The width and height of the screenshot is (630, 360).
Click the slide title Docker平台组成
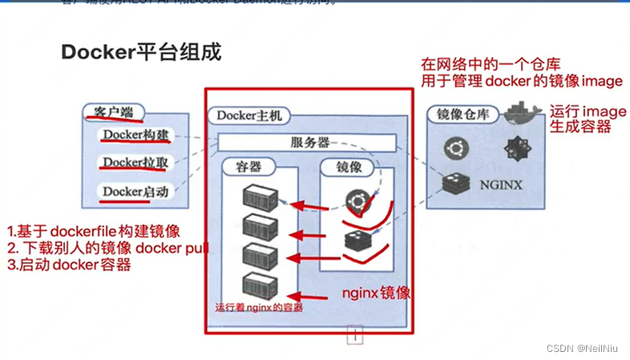coord(141,52)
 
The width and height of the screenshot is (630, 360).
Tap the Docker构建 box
coord(135,136)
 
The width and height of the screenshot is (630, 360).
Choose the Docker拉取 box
coord(135,163)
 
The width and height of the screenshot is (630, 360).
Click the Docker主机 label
coord(244,116)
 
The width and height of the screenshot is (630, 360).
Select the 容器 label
coord(248,168)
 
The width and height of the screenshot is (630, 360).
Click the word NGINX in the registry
coord(501,185)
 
